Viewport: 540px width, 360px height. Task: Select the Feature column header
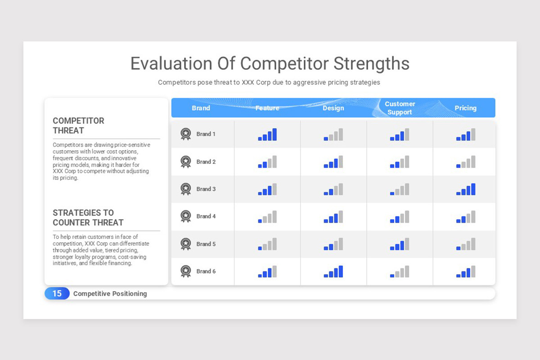pos(267,108)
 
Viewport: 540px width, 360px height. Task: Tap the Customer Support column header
pos(400,108)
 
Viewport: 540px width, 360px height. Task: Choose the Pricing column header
pos(465,108)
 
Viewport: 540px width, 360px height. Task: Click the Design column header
pos(333,108)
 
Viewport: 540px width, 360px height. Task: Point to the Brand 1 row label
pos(206,134)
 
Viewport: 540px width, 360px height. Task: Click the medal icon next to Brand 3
pos(185,189)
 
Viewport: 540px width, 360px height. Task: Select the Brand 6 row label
pos(206,271)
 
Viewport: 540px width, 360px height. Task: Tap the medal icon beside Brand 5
pos(185,244)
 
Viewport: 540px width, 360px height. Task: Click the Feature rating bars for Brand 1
pos(267,135)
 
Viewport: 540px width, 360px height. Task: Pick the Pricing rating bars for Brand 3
pos(466,189)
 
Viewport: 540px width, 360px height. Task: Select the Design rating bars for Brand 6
pos(333,272)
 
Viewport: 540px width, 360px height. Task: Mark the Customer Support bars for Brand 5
pos(400,244)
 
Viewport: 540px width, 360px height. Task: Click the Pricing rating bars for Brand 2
pos(466,162)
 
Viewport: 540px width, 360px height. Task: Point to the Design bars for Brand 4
pos(333,217)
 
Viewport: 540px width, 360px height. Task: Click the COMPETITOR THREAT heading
pos(78,126)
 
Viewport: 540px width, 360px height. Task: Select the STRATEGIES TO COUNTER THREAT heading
pos(88,217)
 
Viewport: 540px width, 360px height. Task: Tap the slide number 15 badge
pos(57,293)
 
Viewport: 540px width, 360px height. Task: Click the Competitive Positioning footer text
pos(110,293)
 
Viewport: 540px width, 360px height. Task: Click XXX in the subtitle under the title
pos(248,82)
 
